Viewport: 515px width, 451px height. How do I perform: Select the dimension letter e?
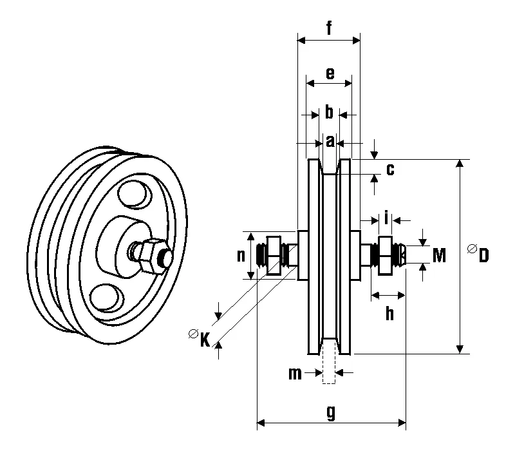click(x=330, y=73)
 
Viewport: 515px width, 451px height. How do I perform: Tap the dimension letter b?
click(x=329, y=113)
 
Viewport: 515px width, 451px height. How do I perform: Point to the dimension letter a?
click(x=330, y=141)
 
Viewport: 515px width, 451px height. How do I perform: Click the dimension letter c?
click(x=389, y=169)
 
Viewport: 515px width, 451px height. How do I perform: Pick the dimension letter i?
click(x=386, y=218)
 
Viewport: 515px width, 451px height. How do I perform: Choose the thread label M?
click(x=439, y=256)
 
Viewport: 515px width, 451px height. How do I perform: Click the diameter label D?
click(x=483, y=255)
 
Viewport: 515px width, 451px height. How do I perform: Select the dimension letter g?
click(x=331, y=413)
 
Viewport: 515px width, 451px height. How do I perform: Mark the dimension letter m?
click(x=295, y=373)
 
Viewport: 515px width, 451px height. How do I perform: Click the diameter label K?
click(x=204, y=338)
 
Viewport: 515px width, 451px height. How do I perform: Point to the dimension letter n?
click(x=241, y=255)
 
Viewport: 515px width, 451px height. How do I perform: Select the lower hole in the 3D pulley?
click(x=105, y=297)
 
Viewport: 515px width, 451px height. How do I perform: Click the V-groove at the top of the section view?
click(x=329, y=169)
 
